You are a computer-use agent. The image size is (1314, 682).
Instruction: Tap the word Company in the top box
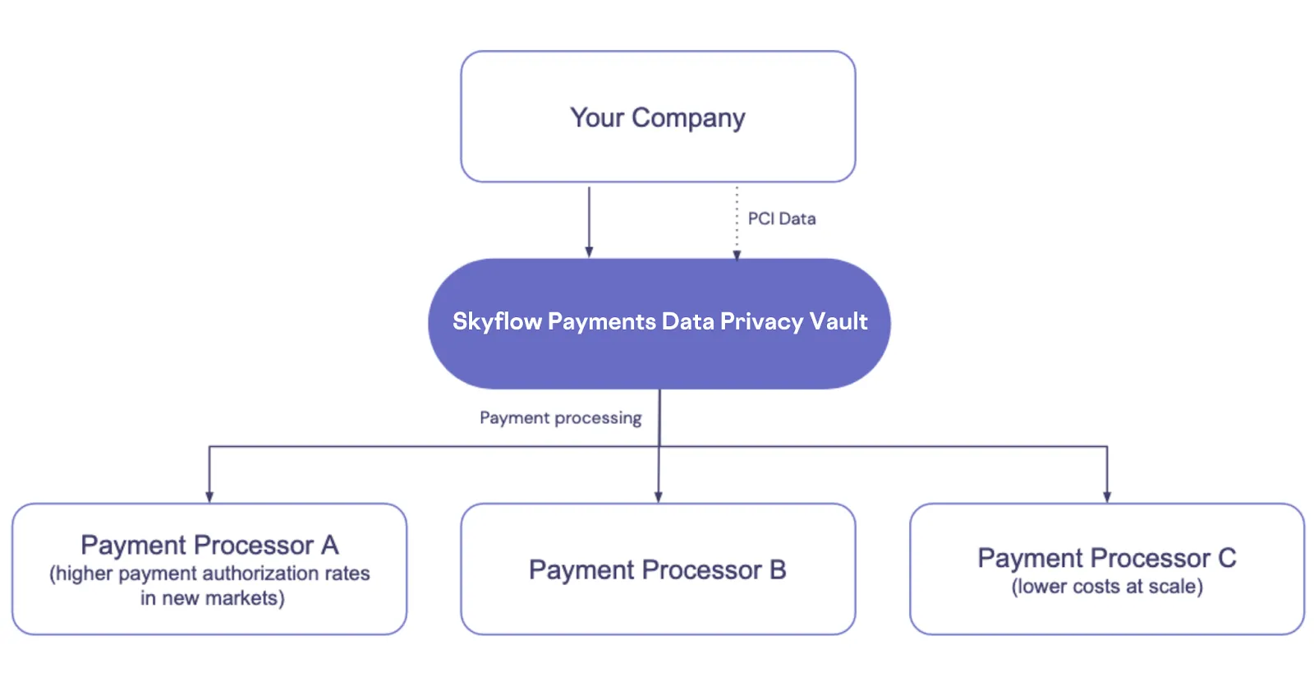tap(688, 118)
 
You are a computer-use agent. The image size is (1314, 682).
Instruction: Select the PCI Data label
tap(781, 219)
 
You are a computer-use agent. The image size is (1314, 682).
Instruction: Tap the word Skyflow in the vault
tap(497, 321)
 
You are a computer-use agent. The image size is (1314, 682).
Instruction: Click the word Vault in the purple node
tap(838, 321)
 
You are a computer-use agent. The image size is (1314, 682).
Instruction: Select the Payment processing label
tap(560, 418)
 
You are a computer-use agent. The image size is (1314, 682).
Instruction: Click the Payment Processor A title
tap(209, 545)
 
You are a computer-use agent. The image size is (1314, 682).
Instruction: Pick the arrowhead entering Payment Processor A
tap(209, 496)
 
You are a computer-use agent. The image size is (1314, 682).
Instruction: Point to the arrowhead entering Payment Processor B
tap(658, 496)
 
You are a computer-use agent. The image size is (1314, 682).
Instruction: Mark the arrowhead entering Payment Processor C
tap(1107, 496)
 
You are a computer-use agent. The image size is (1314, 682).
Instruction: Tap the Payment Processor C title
tap(1106, 558)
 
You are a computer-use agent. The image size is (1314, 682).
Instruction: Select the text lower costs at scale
tap(1107, 587)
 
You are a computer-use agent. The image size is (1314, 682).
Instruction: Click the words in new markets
tap(212, 598)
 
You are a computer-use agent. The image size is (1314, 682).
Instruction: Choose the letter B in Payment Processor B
tap(778, 569)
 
